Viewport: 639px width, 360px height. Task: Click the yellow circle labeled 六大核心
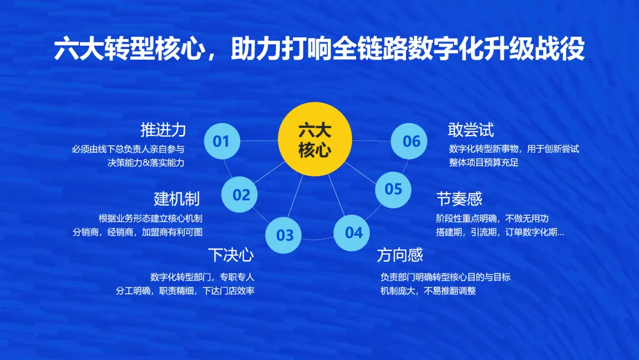point(315,139)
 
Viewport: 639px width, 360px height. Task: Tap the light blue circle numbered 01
point(222,141)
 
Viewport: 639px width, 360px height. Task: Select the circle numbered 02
point(240,194)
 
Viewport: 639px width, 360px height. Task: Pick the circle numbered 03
point(283,235)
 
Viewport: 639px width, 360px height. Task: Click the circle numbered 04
point(351,233)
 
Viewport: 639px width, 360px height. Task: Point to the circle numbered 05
point(393,189)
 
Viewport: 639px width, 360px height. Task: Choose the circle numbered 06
point(409,141)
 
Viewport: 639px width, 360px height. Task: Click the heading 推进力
point(163,130)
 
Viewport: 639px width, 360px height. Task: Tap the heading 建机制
point(177,199)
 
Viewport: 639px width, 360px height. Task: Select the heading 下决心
point(231,255)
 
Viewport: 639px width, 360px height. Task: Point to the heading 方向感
point(400,255)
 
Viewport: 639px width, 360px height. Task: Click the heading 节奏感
point(459,199)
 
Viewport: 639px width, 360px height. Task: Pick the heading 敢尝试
point(471,130)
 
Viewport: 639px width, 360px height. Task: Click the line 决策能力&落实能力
point(146,163)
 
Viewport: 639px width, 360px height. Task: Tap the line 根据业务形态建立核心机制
point(150,218)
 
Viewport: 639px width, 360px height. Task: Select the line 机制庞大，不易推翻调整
point(428,291)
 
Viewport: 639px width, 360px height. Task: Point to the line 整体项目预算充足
point(484,162)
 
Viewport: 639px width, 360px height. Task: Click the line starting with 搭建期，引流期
point(500,232)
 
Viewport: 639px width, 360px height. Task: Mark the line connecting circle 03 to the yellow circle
point(295,196)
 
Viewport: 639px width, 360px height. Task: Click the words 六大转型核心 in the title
point(129,49)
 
